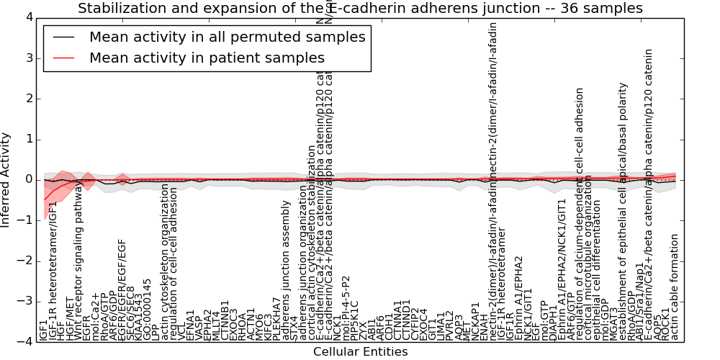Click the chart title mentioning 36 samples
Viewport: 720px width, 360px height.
point(360,9)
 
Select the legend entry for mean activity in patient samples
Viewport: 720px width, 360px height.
point(207,58)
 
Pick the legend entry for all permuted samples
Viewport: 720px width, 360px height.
point(227,37)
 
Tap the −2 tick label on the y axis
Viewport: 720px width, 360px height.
point(25,261)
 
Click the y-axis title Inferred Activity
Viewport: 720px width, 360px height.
point(6,180)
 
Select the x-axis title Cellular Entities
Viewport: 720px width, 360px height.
point(360,352)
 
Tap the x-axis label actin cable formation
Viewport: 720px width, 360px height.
point(675,288)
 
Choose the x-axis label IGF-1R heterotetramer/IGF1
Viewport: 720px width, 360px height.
point(53,282)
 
